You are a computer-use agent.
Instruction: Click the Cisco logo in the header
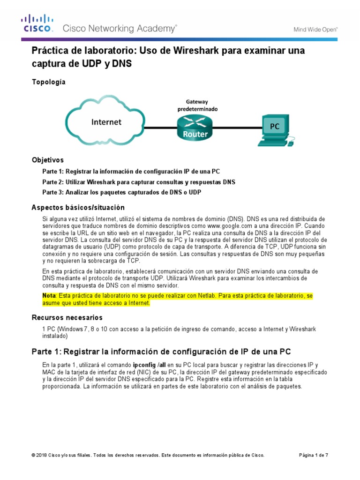(x=38, y=23)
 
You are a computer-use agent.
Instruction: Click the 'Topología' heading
(x=48, y=82)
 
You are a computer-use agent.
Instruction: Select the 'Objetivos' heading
(x=47, y=160)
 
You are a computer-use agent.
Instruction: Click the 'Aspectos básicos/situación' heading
(x=78, y=207)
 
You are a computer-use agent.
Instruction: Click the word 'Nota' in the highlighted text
(x=49, y=296)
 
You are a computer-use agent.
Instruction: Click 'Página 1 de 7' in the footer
(x=314, y=455)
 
